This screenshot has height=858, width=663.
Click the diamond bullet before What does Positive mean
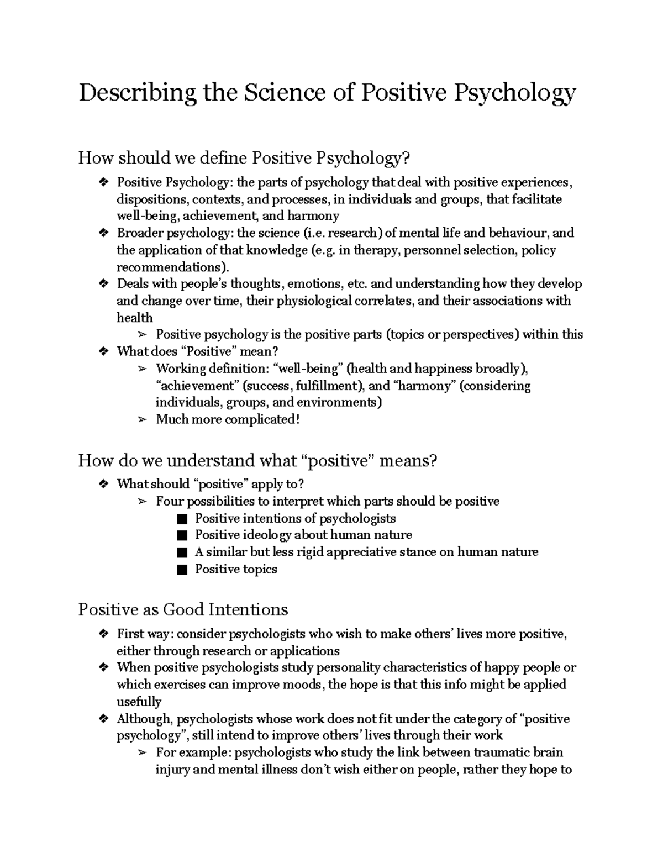[103, 351]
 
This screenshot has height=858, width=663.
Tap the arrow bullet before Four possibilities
[143, 502]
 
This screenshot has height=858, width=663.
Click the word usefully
[139, 702]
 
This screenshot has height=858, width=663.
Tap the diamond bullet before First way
[103, 634]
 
